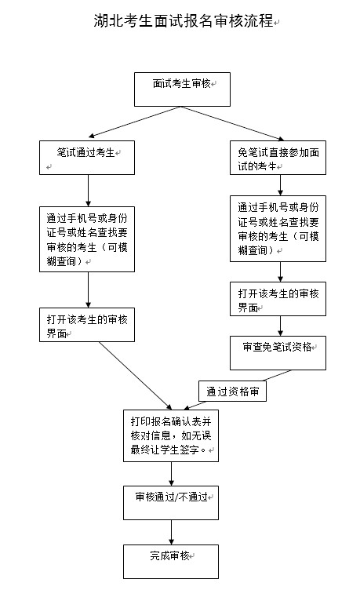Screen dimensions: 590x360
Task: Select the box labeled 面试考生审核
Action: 182,89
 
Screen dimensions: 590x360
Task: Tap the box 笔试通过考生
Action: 88,157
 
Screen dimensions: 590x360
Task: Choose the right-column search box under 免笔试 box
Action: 278,228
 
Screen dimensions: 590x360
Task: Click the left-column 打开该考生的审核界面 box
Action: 88,324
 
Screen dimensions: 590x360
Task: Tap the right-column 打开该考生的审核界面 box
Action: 278,299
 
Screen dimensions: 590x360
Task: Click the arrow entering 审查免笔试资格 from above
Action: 278,326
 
